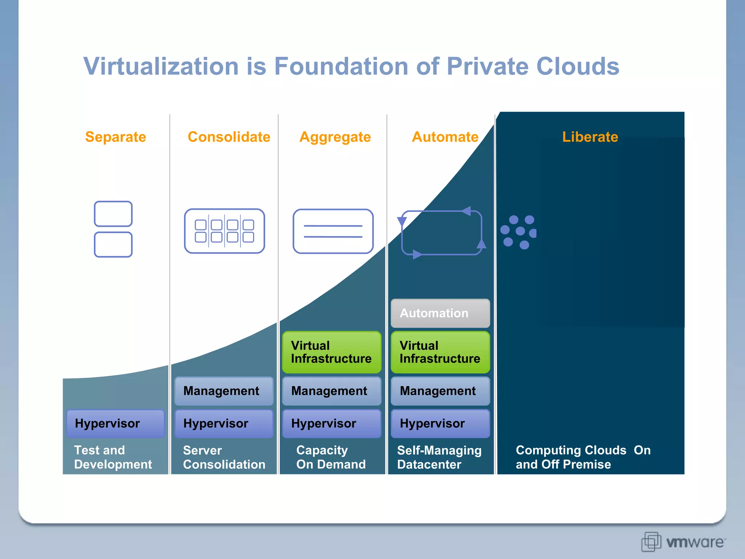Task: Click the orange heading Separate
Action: (x=115, y=137)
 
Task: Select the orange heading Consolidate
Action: (x=229, y=137)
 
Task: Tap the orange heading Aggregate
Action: (x=335, y=137)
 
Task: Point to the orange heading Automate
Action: (x=445, y=137)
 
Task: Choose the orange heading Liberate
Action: (x=590, y=137)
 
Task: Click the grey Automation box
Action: (x=440, y=313)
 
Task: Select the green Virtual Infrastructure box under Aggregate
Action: (x=331, y=352)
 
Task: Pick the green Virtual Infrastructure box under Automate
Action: (x=440, y=352)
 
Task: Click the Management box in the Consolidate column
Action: (x=224, y=391)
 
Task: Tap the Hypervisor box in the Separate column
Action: (x=115, y=424)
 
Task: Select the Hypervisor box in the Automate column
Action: (x=440, y=424)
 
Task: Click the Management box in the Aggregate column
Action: (x=331, y=391)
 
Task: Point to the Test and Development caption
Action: (x=113, y=457)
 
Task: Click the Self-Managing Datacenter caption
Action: (x=439, y=457)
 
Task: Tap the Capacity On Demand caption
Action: (x=331, y=457)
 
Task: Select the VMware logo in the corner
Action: (x=683, y=542)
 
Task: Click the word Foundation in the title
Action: (x=341, y=66)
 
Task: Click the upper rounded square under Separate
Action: (x=113, y=214)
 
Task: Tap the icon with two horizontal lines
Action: (x=333, y=231)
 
